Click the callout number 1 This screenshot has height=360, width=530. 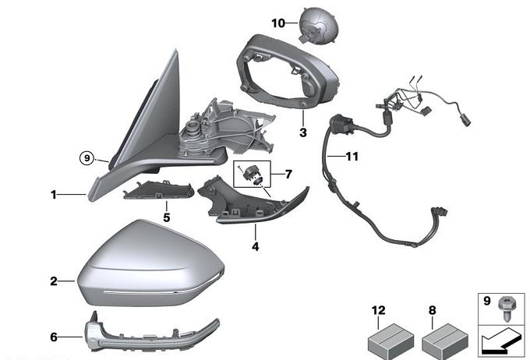coord(55,195)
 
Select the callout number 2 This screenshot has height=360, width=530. coord(55,281)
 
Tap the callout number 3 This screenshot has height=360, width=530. coord(302,133)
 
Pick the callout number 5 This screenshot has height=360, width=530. coord(166,217)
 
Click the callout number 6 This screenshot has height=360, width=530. coord(55,337)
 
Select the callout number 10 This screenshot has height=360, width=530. coord(278,23)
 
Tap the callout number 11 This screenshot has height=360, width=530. coord(352,157)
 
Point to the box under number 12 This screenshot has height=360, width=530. coord(387,338)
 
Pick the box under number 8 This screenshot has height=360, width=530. coord(443,338)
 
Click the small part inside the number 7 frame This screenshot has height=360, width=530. coord(253,173)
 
